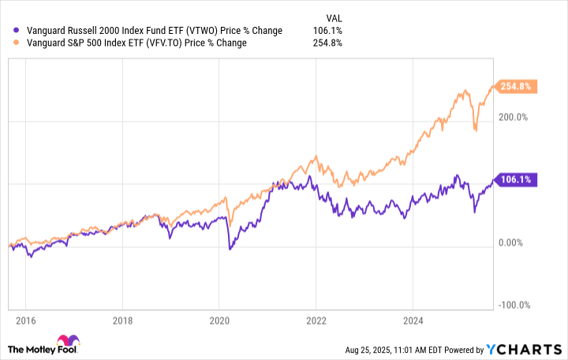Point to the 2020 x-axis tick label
219,321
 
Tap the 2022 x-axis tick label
316,321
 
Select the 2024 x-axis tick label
413,321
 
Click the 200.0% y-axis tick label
514,117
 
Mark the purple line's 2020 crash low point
230,249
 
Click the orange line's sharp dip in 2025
475,129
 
